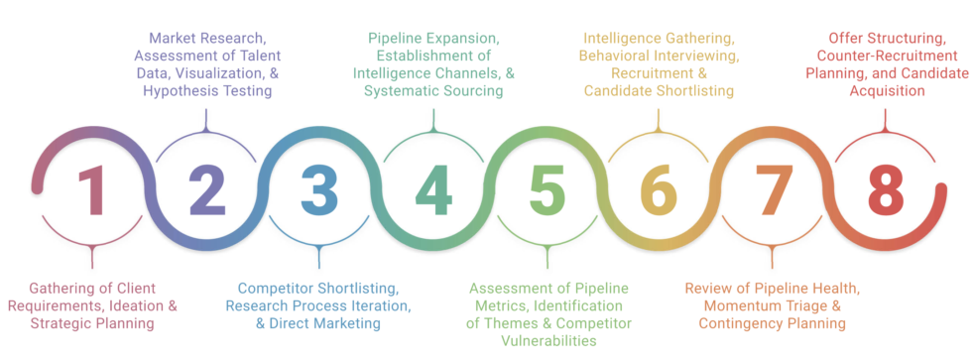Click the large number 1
pos(92,190)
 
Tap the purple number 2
pos(206,190)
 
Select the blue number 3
pos(319,190)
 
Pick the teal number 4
pos(433,190)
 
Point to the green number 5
pos(547,190)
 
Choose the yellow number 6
pos(659,190)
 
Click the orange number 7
pos(771,190)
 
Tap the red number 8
pos(883,190)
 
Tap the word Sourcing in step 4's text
pos(469,90)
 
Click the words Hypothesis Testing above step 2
pos(206,90)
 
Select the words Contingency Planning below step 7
pos(773,323)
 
